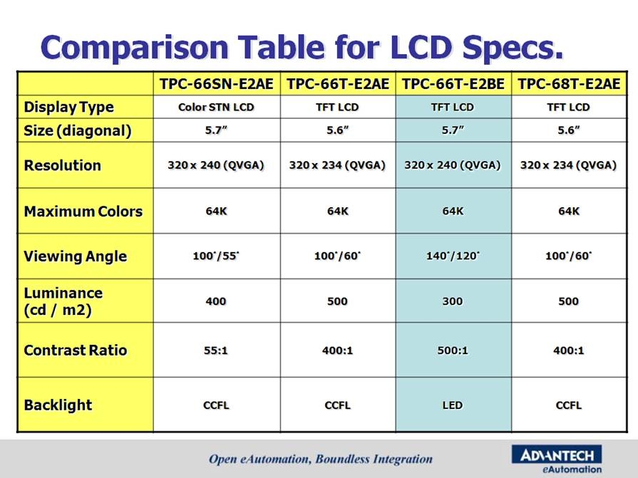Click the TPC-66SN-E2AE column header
216,84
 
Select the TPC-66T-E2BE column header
453,84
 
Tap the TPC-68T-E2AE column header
569,84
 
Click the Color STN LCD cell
216,108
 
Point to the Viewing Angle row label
76,256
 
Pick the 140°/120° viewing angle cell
453,256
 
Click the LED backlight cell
453,405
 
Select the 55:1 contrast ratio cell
216,350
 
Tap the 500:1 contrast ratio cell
453,350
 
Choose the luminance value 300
453,301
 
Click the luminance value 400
216,301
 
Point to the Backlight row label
58,405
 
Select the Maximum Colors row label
83,212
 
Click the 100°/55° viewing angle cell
216,256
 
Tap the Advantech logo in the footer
557,459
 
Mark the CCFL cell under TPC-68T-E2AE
569,405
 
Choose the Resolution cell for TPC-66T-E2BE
453,165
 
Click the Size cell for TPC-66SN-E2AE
216,130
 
